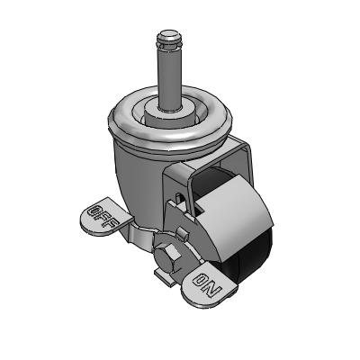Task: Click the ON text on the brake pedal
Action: [x=207, y=283]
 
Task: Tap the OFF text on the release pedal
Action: [x=102, y=216]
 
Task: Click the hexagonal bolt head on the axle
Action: [x=167, y=256]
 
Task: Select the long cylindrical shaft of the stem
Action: [x=169, y=76]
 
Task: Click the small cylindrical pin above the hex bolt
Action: [x=183, y=233]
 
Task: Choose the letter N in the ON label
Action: [x=214, y=289]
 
